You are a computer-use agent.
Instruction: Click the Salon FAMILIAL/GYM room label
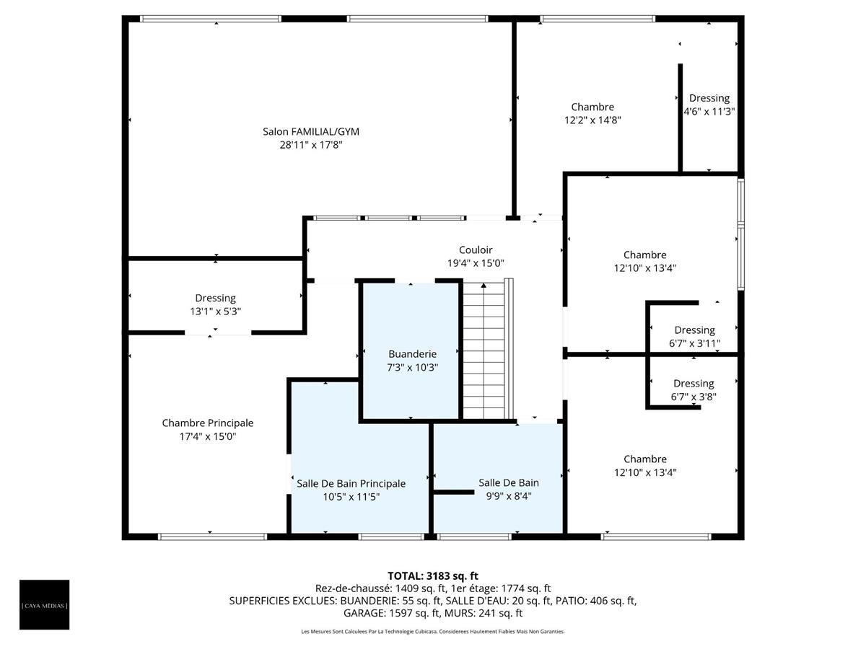310,132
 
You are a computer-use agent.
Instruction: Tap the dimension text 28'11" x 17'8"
310,145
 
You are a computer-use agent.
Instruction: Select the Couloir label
476,250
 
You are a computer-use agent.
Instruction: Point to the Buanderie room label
412,354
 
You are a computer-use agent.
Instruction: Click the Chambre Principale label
208,423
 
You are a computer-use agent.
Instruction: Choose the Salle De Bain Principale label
351,484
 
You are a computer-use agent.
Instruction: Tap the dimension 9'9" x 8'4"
508,496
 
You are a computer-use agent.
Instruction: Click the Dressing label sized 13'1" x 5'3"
215,298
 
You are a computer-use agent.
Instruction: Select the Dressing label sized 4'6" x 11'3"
709,98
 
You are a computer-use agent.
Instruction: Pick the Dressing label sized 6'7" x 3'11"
694,330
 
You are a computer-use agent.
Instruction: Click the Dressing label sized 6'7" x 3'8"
694,384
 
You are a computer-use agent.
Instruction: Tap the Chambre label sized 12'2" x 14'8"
592,107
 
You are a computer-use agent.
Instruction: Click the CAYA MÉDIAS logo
45,604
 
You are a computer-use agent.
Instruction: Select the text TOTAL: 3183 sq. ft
433,575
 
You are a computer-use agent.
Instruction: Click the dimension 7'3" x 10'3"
412,367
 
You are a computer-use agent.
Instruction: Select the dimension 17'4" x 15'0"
208,436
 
